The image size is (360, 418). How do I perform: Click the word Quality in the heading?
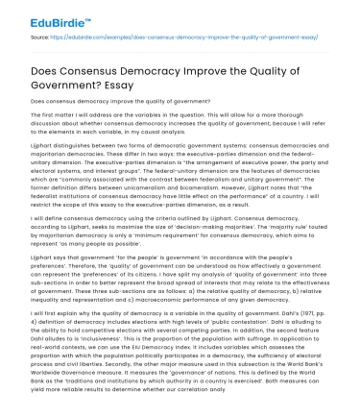tap(295, 60)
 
